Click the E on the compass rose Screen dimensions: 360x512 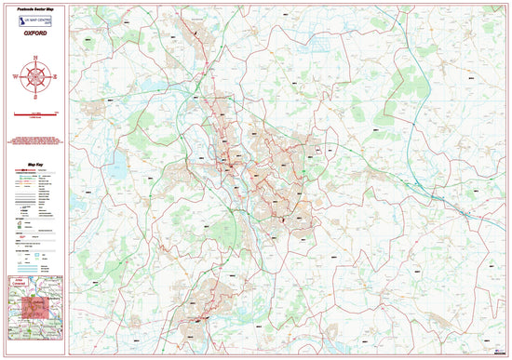(x=55, y=76)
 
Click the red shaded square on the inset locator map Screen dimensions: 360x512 (x=34, y=310)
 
